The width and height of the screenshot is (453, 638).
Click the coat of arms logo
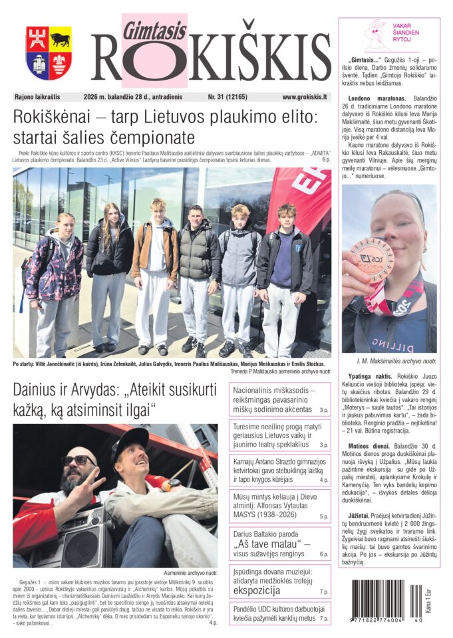click(x=49, y=53)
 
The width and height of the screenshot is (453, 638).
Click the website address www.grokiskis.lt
click(x=304, y=97)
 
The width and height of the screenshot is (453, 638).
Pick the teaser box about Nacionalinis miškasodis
click(x=280, y=399)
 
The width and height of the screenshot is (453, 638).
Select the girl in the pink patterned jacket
click(x=55, y=279)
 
